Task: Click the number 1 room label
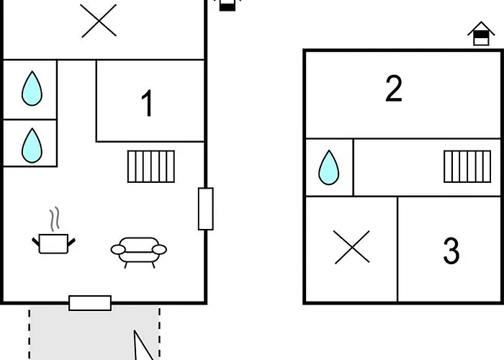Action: coord(147,104)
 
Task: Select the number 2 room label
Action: coord(393,89)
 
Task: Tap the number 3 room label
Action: coord(451,251)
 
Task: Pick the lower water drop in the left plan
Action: coord(31,145)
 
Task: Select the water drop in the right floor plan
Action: coord(329,167)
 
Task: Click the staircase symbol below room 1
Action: coord(152,166)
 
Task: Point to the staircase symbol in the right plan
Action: coord(467,166)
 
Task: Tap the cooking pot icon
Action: coord(54,242)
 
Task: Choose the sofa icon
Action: coord(138,249)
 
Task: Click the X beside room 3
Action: coord(352,247)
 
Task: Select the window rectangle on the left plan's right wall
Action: coord(206,209)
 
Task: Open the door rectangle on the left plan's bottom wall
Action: coord(90,303)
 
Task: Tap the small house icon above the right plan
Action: coord(481,34)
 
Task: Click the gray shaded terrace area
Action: coord(79,335)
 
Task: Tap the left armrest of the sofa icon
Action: coord(118,250)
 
